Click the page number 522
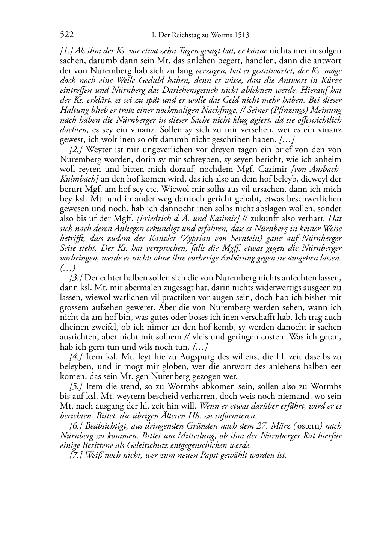click(66, 35)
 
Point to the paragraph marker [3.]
click(76, 278)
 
